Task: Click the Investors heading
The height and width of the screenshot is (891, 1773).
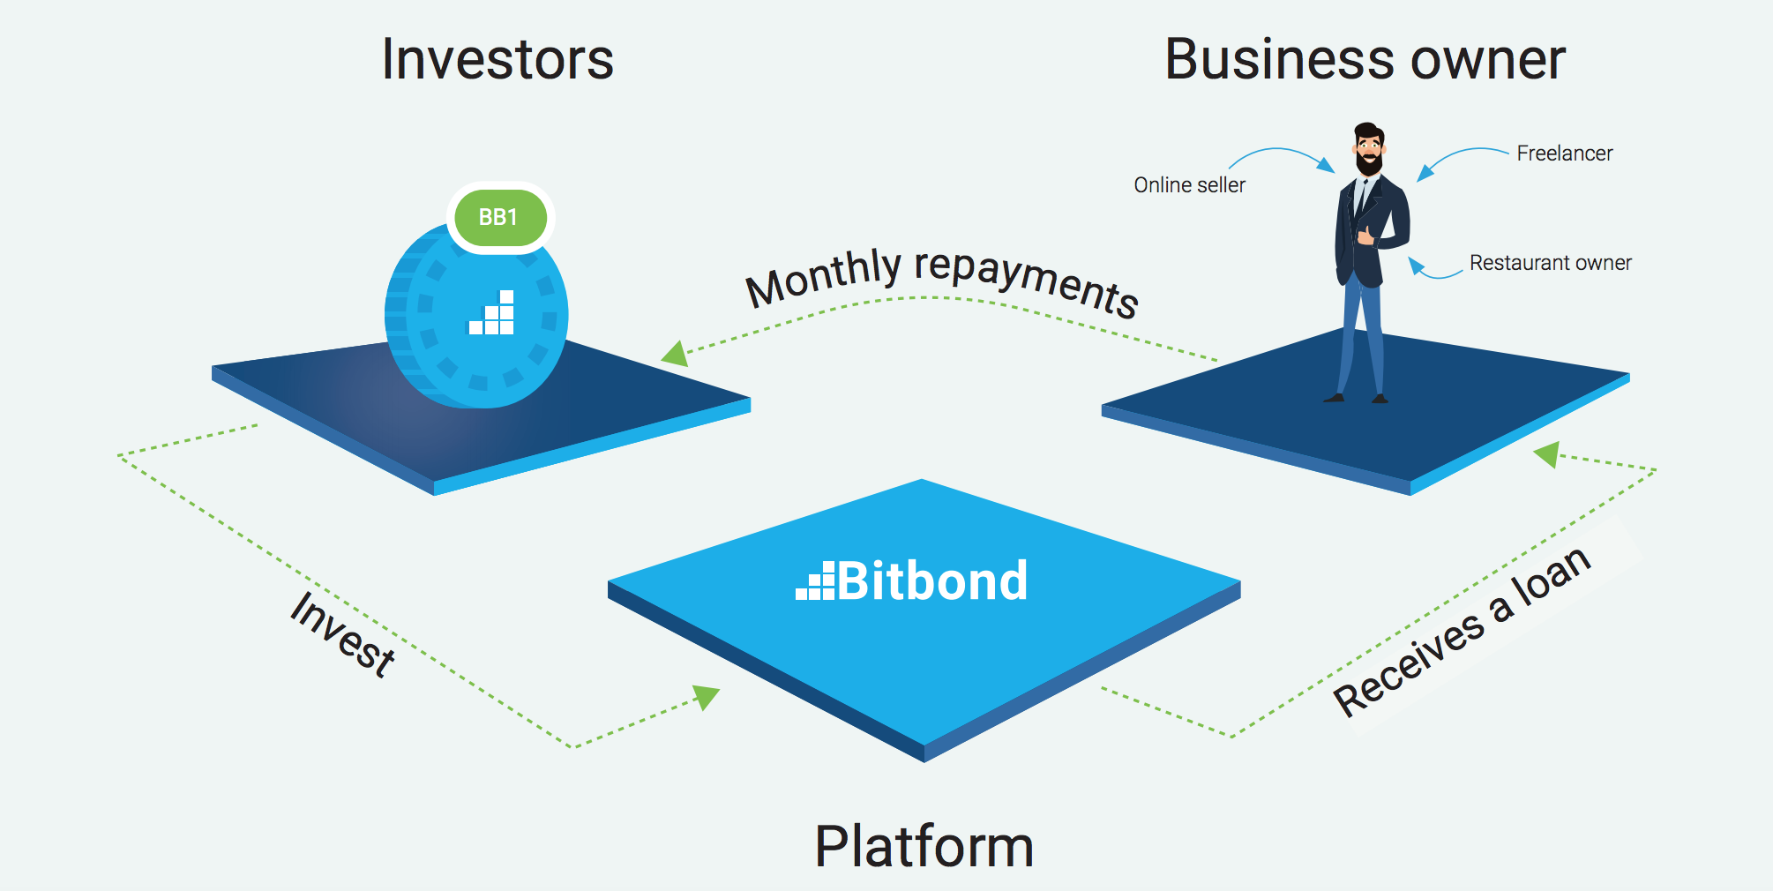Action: click(497, 60)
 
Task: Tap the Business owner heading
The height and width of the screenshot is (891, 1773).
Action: click(1365, 60)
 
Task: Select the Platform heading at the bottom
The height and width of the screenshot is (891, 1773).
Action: click(924, 846)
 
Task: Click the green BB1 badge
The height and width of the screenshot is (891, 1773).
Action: click(499, 217)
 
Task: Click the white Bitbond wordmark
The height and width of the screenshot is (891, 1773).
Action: click(913, 581)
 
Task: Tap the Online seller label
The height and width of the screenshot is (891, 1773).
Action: click(1189, 185)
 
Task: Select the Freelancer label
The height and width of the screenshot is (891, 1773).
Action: click(1564, 153)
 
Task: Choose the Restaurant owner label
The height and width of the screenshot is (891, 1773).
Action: click(1550, 263)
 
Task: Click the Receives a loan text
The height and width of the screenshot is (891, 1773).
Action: click(1463, 631)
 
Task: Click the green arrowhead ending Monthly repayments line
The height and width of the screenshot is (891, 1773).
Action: click(676, 354)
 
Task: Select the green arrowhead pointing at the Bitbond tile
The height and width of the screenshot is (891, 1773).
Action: click(707, 696)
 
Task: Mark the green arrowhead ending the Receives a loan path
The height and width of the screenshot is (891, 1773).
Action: click(1546, 455)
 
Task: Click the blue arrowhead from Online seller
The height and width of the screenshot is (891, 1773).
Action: click(1326, 165)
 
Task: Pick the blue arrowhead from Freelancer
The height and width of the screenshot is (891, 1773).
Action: click(1425, 173)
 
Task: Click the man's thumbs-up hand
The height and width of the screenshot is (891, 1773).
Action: click(1365, 236)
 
